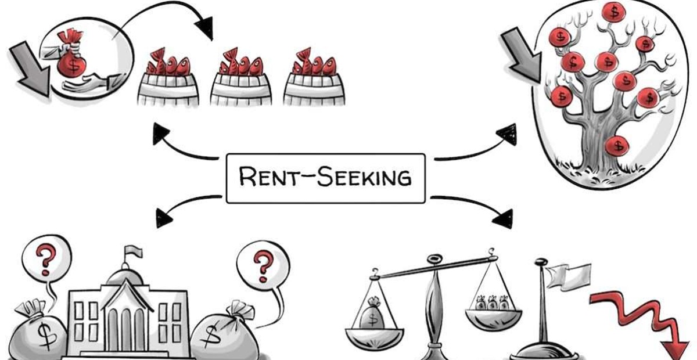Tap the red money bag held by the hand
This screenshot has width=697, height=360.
[x=71, y=60]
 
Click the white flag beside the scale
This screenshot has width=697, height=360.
[x=572, y=278]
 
